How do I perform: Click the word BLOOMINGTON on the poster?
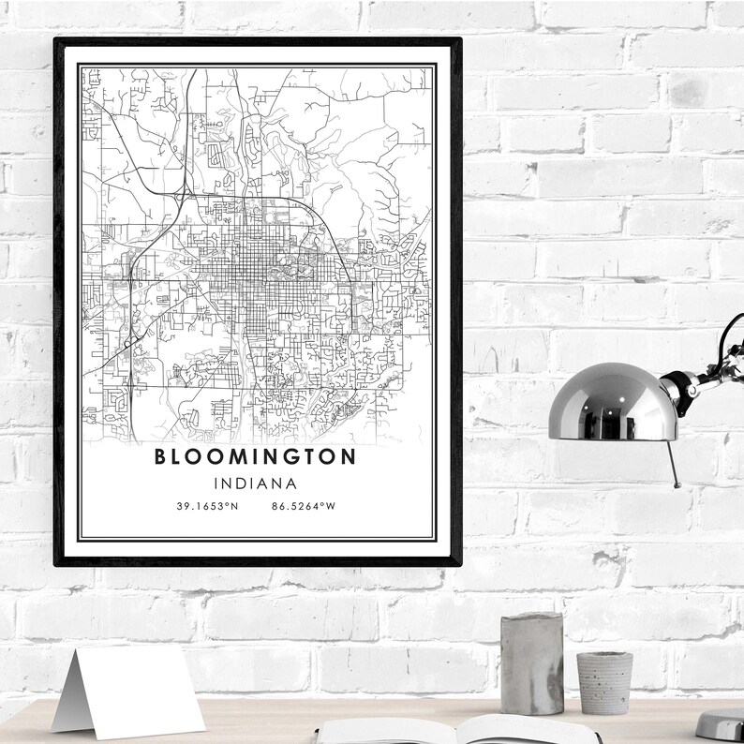pos(254,457)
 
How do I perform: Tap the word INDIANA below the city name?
pos(255,484)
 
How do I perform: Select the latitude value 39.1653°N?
pos(207,507)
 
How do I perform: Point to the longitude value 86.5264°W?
pos(303,507)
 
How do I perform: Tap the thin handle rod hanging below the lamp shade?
pos(674,463)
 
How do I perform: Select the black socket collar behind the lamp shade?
pos(677,383)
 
